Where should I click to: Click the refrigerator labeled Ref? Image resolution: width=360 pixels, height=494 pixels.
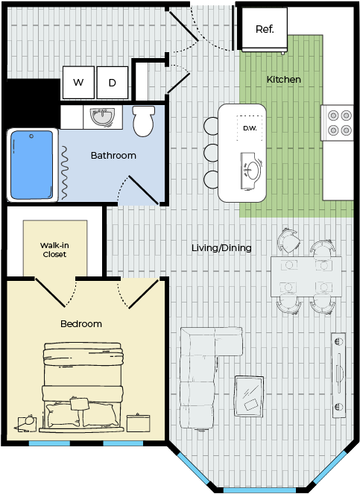click(x=265, y=29)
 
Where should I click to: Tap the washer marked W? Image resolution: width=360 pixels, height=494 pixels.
click(x=78, y=82)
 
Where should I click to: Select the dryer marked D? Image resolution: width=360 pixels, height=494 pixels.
click(x=113, y=83)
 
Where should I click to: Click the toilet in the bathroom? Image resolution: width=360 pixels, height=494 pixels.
click(x=144, y=121)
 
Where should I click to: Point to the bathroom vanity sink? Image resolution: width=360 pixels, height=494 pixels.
click(x=102, y=117)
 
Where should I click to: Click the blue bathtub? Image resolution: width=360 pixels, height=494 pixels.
click(x=32, y=165)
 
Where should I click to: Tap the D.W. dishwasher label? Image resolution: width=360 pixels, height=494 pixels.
click(x=250, y=128)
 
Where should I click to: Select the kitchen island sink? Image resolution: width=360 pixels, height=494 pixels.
click(x=251, y=171)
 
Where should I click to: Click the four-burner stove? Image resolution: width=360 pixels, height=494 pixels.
click(x=340, y=122)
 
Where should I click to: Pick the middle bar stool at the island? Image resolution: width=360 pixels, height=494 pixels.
click(x=211, y=153)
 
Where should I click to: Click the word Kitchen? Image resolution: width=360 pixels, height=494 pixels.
click(x=284, y=80)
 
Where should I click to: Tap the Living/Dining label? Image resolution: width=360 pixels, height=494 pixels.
click(x=221, y=248)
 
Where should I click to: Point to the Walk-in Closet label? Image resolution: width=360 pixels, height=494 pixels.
click(x=54, y=250)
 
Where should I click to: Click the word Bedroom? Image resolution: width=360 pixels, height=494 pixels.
click(x=81, y=324)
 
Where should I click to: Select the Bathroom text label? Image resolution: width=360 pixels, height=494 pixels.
click(x=113, y=155)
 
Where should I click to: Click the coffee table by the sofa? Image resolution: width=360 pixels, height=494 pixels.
click(x=249, y=396)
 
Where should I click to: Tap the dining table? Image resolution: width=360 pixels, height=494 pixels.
click(x=306, y=277)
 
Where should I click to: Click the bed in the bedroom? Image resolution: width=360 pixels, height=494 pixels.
click(x=82, y=387)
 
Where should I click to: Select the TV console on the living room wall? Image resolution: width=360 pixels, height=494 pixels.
click(x=338, y=375)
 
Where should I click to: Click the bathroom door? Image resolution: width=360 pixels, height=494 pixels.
click(x=143, y=190)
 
